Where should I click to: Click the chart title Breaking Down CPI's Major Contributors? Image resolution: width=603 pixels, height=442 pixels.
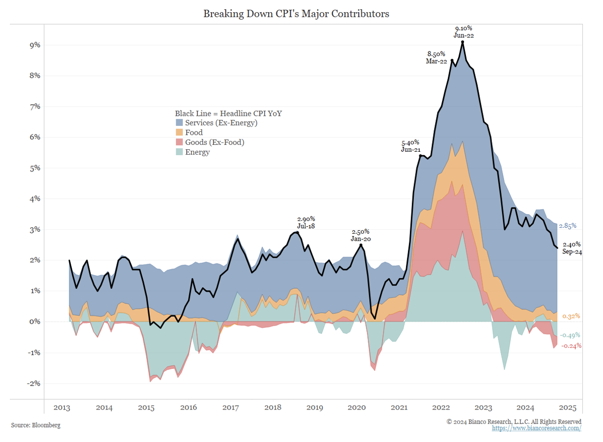click(x=296, y=14)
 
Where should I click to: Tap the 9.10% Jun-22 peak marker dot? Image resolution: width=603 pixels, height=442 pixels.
click(x=463, y=42)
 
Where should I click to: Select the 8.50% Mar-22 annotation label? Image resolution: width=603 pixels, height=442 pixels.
click(x=437, y=57)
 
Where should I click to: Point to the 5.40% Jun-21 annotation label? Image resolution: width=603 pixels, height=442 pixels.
click(x=411, y=146)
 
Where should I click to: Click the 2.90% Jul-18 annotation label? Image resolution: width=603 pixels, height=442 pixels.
click(x=306, y=222)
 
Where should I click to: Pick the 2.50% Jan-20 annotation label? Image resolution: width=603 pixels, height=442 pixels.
click(x=361, y=235)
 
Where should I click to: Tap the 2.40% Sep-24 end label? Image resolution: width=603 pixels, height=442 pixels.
click(x=572, y=248)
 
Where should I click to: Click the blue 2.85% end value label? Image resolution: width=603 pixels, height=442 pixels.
click(x=567, y=226)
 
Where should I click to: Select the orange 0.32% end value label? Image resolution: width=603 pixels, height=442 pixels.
click(x=571, y=316)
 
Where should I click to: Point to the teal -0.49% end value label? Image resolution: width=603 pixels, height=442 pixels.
click(x=570, y=335)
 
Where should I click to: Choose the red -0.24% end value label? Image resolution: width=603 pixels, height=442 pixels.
click(x=571, y=345)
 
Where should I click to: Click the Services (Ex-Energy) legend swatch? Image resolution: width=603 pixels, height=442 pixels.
click(x=179, y=123)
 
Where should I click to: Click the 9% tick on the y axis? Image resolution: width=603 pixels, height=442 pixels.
click(x=34, y=45)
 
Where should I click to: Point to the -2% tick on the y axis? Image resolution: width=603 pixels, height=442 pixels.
click(x=33, y=384)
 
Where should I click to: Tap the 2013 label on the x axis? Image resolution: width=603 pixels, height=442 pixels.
click(x=62, y=408)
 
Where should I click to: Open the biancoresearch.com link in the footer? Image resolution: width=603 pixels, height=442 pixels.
click(x=537, y=428)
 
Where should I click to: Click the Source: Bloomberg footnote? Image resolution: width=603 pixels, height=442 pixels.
click(x=36, y=425)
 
